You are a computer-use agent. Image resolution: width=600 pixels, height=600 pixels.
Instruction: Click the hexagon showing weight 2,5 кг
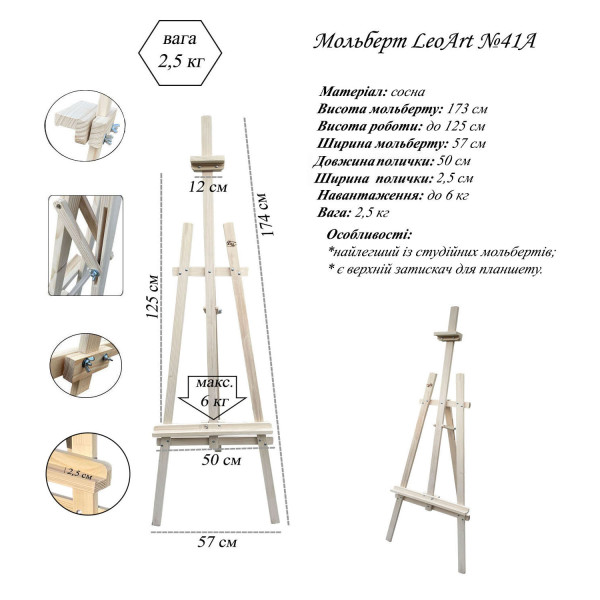pyautogui.click(x=180, y=53)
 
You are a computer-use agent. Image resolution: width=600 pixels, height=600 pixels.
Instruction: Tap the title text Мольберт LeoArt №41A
pyautogui.click(x=424, y=41)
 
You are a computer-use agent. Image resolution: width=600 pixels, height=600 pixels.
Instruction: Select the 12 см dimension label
pyautogui.click(x=208, y=187)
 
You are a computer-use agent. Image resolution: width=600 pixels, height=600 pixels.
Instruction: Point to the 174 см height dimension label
pyautogui.click(x=266, y=215)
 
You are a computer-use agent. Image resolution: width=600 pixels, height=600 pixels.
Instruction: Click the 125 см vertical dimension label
pyautogui.click(x=152, y=297)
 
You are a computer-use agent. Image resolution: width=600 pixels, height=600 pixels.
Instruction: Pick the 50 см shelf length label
pyautogui.click(x=221, y=460)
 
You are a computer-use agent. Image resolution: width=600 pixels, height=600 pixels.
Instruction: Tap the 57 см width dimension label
pyautogui.click(x=217, y=542)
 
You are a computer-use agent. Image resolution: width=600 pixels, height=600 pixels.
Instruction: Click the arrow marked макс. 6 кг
pyautogui.click(x=213, y=397)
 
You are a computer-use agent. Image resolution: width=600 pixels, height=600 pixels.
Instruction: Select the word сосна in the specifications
pyautogui.click(x=408, y=92)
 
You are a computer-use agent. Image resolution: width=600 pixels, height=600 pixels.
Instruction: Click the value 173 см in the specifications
pyautogui.click(x=467, y=109)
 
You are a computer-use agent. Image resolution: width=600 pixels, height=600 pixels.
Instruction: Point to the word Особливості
pyautogui.click(x=370, y=235)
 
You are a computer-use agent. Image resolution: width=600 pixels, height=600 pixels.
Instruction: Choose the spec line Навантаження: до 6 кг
pyautogui.click(x=393, y=196)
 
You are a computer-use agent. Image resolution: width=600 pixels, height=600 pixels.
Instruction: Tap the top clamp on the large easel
pyautogui.click(x=207, y=163)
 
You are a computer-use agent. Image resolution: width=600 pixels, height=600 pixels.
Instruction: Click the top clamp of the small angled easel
pyautogui.click(x=448, y=336)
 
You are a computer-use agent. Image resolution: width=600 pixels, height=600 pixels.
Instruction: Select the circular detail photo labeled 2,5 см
pyautogui.click(x=88, y=474)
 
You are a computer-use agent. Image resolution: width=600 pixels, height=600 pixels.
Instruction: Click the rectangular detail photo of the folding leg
pyautogui.click(x=86, y=245)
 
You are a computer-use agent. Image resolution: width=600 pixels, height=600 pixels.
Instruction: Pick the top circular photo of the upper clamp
pyautogui.click(x=85, y=126)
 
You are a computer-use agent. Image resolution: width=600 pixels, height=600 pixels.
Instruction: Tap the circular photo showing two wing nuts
pyautogui.click(x=86, y=365)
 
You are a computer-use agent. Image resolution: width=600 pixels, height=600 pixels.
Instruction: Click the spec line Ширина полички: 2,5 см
pyautogui.click(x=394, y=178)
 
